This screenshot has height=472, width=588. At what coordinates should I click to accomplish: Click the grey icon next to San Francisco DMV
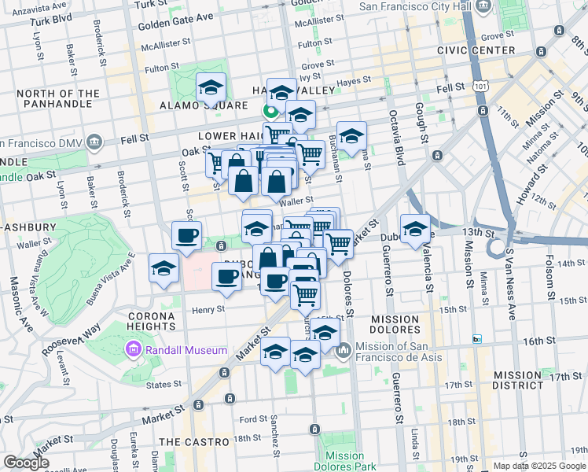95,143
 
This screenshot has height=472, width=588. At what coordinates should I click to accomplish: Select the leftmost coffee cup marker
186,235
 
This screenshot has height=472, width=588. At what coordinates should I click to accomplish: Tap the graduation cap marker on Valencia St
415,229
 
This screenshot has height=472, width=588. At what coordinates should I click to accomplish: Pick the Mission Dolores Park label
344,461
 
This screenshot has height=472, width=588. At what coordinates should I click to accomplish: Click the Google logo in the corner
26,463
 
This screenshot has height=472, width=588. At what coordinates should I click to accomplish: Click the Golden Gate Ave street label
175,17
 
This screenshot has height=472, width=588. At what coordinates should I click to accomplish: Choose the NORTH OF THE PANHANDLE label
57,99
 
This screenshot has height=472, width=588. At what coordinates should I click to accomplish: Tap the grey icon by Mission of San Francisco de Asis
342,351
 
